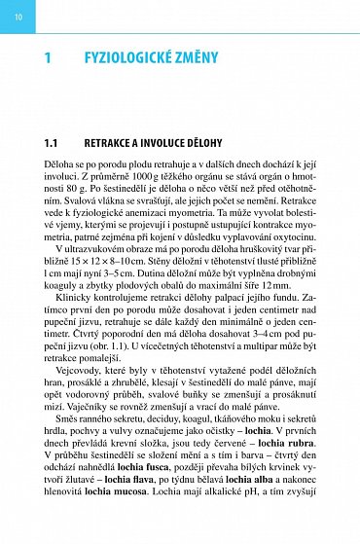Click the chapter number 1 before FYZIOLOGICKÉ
(x=48, y=59)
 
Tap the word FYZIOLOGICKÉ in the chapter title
(x=132, y=59)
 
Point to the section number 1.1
(x=52, y=142)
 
